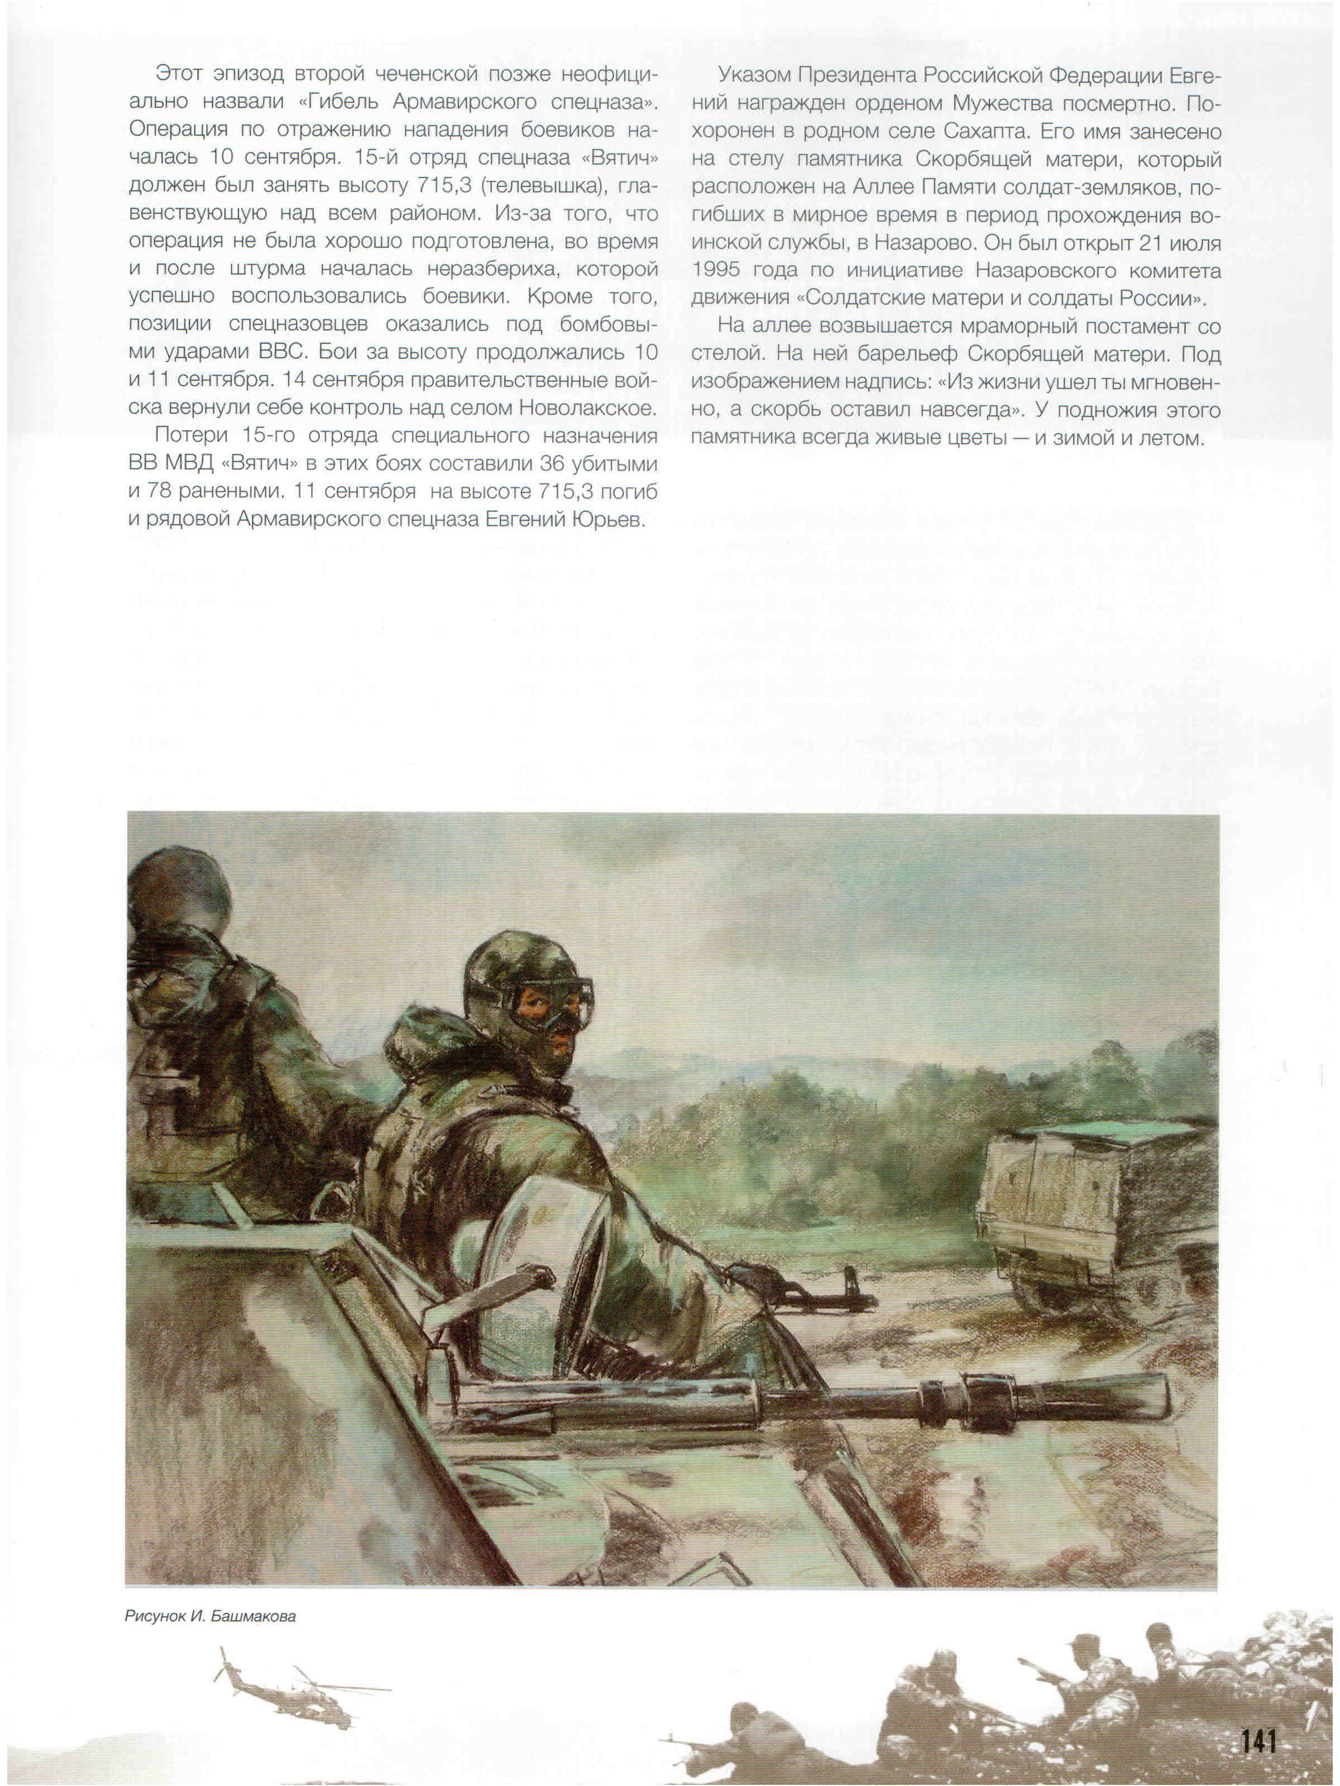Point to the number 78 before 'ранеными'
point(159,491)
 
